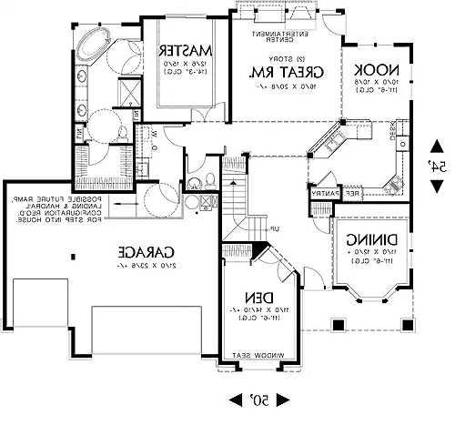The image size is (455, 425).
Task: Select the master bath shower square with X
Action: tap(129, 91)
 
